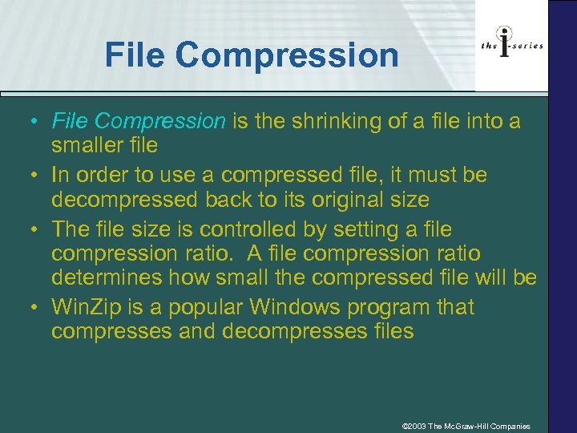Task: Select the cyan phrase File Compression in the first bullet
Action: pos(139,121)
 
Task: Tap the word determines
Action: pos(107,278)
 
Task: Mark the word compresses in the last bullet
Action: pos(108,331)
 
